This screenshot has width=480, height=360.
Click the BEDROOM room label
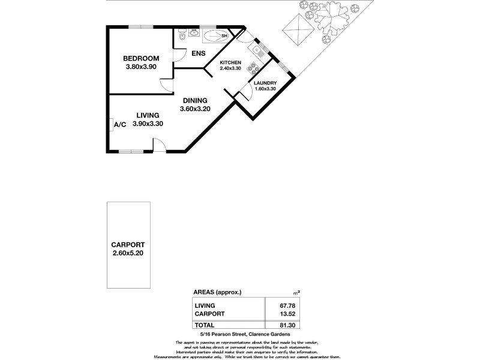tap(141, 58)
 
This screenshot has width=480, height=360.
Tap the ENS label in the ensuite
tap(199, 53)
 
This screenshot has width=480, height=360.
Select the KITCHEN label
tap(230, 63)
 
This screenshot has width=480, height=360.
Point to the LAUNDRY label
tap(265, 83)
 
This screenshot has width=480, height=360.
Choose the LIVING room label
tap(148, 115)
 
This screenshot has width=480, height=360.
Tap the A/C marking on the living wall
tap(120, 124)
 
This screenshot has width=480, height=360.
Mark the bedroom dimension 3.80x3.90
tap(141, 67)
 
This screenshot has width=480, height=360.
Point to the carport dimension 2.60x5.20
tap(128, 253)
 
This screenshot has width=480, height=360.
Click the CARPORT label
tap(128, 245)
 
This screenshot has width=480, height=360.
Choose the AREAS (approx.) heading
tap(217, 292)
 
